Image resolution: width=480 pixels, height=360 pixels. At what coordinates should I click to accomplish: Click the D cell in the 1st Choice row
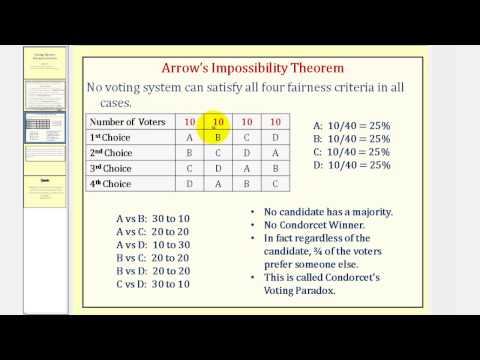click(x=275, y=138)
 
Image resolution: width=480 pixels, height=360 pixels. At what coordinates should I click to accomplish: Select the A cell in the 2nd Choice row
click(x=275, y=153)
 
